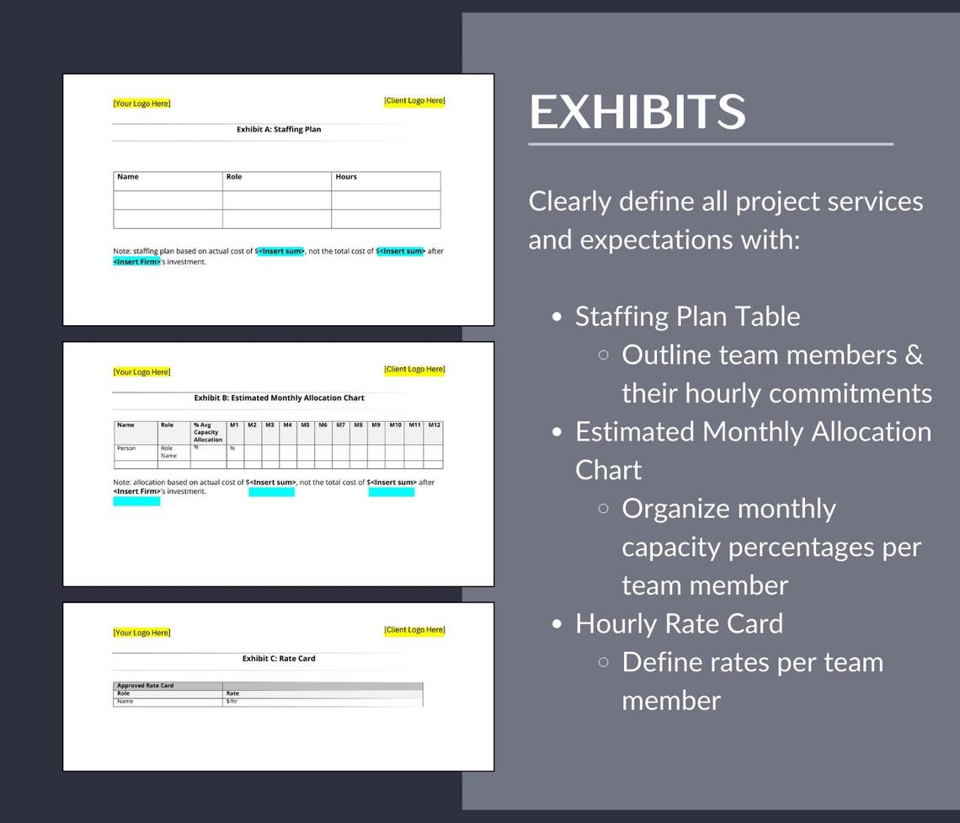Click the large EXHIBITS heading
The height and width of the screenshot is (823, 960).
click(x=637, y=112)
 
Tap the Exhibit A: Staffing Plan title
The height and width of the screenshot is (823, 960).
click(x=279, y=130)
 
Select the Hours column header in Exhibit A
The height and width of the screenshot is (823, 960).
click(x=346, y=177)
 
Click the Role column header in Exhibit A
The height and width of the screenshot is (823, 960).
click(x=234, y=177)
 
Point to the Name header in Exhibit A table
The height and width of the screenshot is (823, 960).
click(x=128, y=177)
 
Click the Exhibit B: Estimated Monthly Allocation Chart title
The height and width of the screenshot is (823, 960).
click(x=279, y=398)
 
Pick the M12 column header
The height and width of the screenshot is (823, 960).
click(x=434, y=425)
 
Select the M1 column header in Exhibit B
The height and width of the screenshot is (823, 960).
click(x=234, y=425)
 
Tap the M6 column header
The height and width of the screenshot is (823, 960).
click(x=323, y=425)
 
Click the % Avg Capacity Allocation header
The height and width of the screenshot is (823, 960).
click(x=207, y=432)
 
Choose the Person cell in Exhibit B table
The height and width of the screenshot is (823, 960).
click(x=126, y=449)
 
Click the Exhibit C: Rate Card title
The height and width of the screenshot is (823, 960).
click(x=279, y=659)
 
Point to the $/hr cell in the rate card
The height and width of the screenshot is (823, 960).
click(x=232, y=701)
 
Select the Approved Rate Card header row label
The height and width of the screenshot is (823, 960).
click(x=145, y=686)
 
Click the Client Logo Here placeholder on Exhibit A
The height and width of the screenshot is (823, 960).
click(x=414, y=101)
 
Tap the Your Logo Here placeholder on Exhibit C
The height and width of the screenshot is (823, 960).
click(x=141, y=633)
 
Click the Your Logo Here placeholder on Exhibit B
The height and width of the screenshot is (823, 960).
click(x=141, y=372)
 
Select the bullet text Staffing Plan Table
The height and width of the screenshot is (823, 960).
click(x=687, y=317)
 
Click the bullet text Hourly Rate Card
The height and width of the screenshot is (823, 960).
click(x=679, y=623)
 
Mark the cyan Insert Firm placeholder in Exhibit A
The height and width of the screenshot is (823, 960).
click(x=136, y=262)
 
